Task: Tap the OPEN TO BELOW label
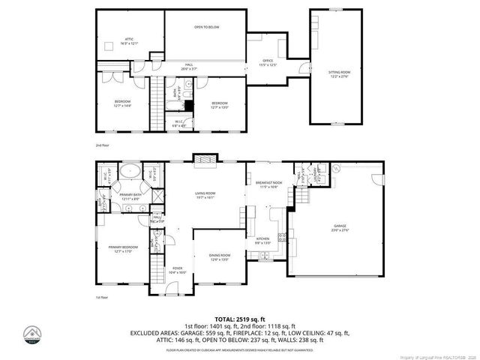coord(206,27)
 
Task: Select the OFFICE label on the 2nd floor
coord(268,62)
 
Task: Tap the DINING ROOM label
coord(220,257)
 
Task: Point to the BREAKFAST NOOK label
coord(268,183)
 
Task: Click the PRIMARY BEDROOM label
coord(122,249)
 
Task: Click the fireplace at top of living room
coord(204,159)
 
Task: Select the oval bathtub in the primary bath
coord(133,171)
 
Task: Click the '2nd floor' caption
coord(102,144)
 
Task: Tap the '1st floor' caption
coord(102,298)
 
